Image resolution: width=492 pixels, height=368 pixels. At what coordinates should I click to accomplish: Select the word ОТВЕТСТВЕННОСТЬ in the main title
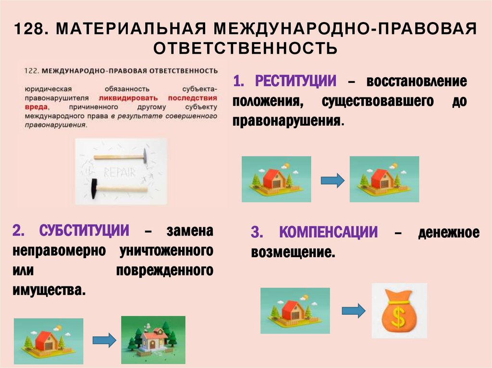[x=246, y=48]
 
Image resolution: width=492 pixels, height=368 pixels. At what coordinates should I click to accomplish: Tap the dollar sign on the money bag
[x=398, y=314]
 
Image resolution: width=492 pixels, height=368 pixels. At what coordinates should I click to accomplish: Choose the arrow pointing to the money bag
[x=353, y=310]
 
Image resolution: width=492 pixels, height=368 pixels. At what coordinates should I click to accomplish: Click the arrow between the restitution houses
[x=332, y=180]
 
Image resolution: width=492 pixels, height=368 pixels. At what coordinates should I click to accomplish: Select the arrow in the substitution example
[x=104, y=340]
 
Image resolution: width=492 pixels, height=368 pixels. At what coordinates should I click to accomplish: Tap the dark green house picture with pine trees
[x=153, y=339]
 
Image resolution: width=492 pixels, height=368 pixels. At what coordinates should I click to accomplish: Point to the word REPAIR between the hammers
[x=120, y=173]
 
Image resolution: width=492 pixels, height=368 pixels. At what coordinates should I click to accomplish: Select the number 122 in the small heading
[x=30, y=71]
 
